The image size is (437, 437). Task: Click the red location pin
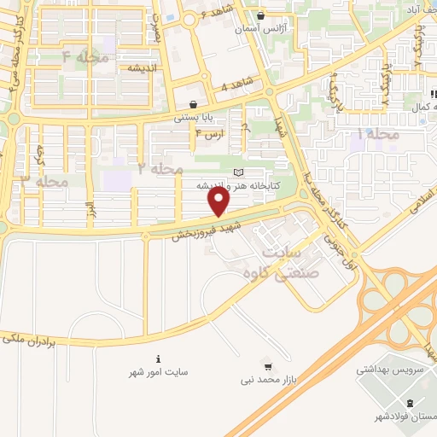(x=219, y=201)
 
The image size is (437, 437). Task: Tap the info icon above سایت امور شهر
(x=158, y=358)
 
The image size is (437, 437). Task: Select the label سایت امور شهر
(x=158, y=372)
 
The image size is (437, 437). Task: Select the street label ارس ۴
(x=210, y=134)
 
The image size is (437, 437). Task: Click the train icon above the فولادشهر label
(x=411, y=403)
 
